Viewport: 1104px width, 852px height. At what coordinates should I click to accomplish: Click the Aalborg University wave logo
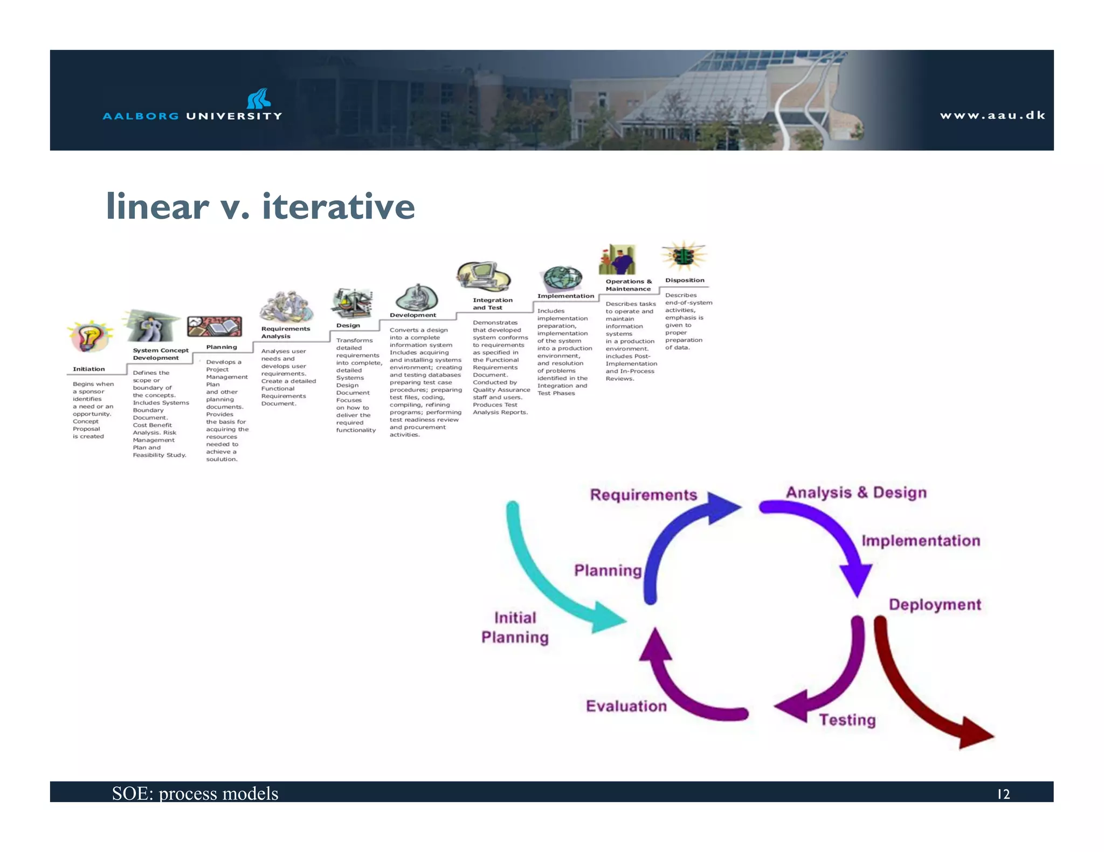click(x=259, y=99)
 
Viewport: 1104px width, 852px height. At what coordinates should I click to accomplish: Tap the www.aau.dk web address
click(x=992, y=115)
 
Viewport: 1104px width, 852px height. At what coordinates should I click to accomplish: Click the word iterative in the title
click(x=339, y=206)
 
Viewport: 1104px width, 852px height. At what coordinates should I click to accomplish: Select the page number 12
click(x=1003, y=794)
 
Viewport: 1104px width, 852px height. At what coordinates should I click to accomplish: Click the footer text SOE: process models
click(x=195, y=793)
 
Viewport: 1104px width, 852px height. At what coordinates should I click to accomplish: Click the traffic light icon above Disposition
click(x=684, y=256)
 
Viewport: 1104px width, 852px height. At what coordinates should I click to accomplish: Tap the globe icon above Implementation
click(x=562, y=278)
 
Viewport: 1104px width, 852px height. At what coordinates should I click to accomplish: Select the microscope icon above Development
click(x=417, y=297)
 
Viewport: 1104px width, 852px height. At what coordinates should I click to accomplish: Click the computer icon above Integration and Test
click(x=483, y=276)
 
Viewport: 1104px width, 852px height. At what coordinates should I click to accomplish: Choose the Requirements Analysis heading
click(x=285, y=332)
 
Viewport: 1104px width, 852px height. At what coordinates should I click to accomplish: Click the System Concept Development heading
click(x=160, y=354)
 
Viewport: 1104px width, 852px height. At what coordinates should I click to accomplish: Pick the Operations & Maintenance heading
click(x=628, y=285)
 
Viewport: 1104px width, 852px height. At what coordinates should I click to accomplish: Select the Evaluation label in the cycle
click(x=626, y=706)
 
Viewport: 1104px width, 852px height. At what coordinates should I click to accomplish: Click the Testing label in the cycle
click(x=847, y=720)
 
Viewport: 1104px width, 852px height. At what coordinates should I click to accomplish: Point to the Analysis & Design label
click(x=856, y=492)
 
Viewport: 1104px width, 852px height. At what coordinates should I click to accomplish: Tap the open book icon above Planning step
click(x=215, y=326)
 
